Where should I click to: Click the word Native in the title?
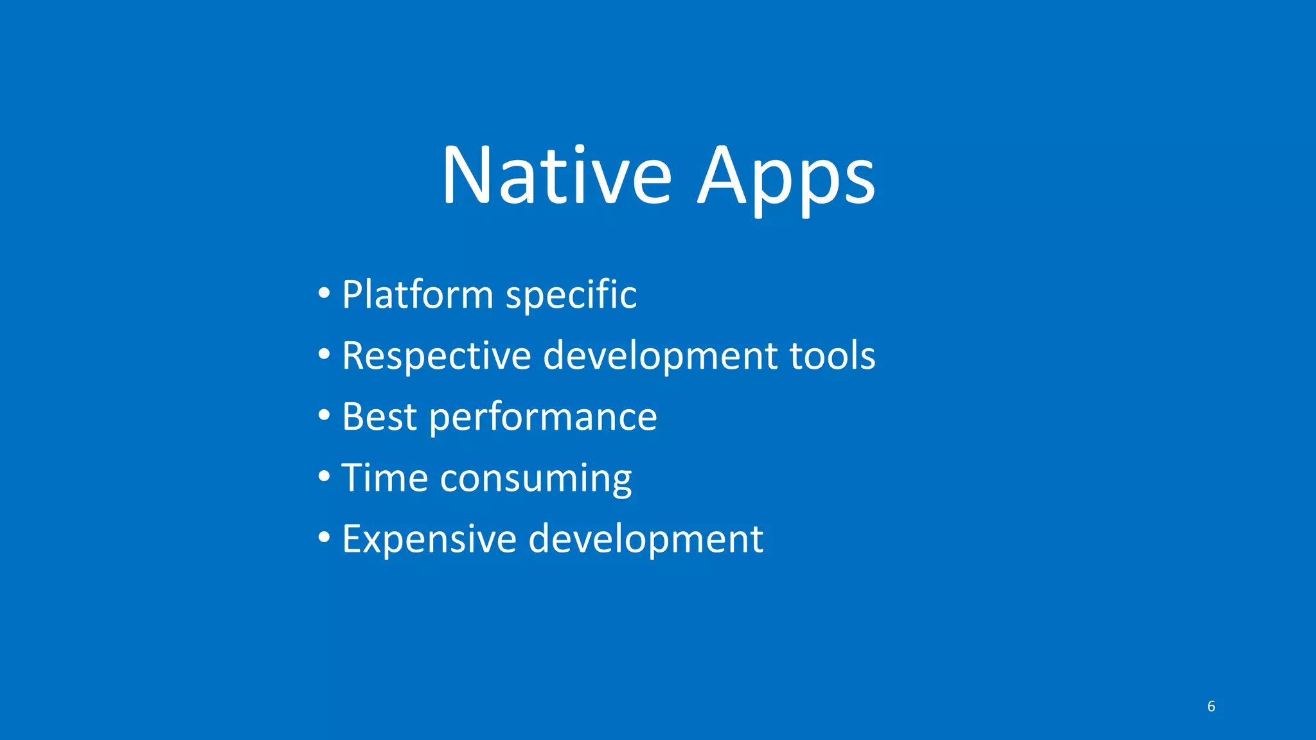556,175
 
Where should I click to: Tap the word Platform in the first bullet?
417,295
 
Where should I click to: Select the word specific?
571,295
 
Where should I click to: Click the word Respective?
436,356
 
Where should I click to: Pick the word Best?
379,417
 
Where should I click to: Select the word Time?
384,478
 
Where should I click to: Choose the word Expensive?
429,540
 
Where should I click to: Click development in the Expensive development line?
645,540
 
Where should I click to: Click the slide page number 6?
1211,707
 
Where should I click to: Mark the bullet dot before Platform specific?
325,294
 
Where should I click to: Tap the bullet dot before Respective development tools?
325,355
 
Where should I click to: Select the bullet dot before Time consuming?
325,477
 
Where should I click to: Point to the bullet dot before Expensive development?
325,537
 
